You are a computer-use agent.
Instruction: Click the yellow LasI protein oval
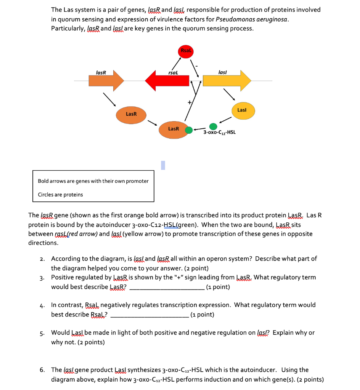tap(242, 110)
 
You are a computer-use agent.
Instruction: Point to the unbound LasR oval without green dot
tap(131, 114)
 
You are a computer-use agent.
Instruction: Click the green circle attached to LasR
tap(188, 130)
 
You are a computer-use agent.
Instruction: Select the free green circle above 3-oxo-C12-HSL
tap(213, 126)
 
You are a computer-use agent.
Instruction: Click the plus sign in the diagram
tap(188, 102)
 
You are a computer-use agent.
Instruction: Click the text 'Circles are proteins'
tap(60, 195)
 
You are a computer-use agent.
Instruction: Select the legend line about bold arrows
tap(93, 181)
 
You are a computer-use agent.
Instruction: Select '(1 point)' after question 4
tap(202, 315)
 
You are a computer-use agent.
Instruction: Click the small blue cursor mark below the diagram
tap(163, 165)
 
